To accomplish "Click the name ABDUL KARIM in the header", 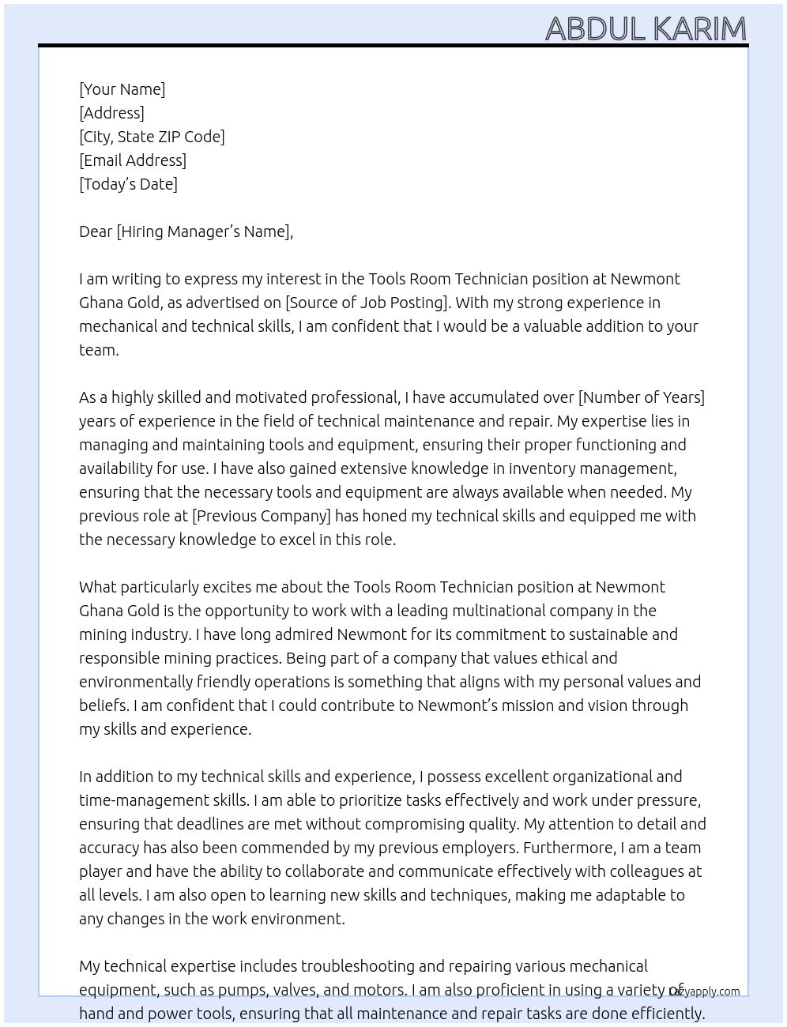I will [646, 29].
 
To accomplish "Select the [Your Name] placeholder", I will [122, 89].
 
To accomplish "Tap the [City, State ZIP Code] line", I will [152, 137].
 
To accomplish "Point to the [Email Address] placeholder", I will [133, 160].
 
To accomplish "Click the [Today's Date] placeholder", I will [128, 184].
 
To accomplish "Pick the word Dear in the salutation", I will [96, 231].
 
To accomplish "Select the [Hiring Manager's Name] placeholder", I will [204, 231].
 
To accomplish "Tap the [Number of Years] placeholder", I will [641, 397].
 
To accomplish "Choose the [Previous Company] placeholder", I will [262, 516].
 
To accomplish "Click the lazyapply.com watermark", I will [704, 991].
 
